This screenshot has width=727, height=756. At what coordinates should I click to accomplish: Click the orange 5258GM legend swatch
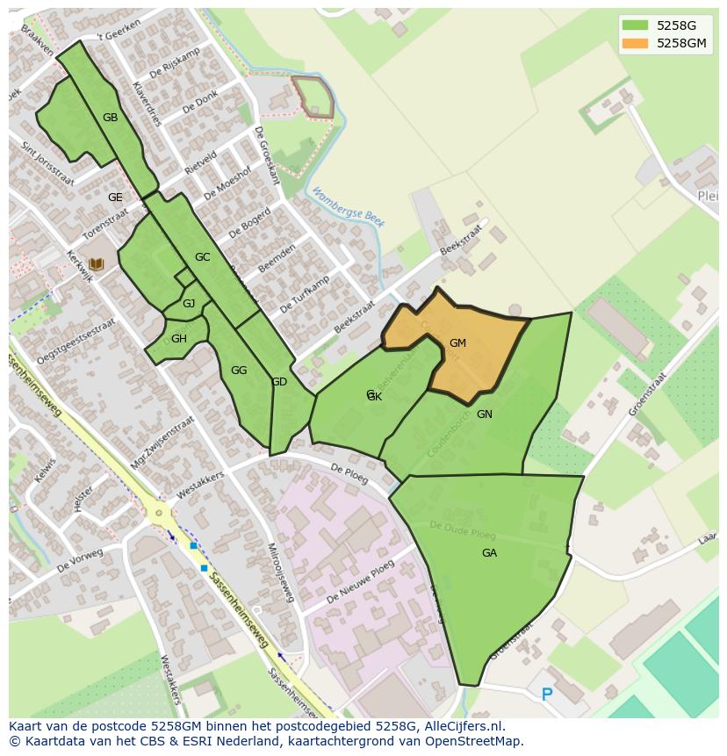tap(637, 43)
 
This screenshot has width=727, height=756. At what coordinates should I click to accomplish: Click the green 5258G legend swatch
tap(637, 25)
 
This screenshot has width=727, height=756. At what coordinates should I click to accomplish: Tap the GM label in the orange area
tap(457, 343)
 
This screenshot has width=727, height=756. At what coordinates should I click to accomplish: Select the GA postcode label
tap(489, 553)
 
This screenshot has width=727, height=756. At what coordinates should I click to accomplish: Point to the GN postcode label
tap(485, 414)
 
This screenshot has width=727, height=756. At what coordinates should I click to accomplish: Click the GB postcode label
tap(110, 118)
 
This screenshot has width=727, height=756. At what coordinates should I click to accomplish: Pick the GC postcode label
tap(202, 257)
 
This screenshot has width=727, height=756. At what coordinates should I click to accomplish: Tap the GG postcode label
tap(239, 371)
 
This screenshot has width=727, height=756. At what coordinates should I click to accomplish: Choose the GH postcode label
tap(179, 339)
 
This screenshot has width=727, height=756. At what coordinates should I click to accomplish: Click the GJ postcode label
tap(189, 304)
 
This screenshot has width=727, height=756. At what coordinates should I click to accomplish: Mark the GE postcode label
tap(115, 198)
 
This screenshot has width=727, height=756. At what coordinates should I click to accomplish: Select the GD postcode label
tap(279, 382)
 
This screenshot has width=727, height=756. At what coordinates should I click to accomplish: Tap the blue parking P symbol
tap(547, 695)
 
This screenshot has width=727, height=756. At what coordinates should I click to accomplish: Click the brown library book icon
tap(97, 263)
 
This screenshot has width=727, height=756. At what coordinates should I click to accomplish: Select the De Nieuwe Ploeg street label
tap(360, 582)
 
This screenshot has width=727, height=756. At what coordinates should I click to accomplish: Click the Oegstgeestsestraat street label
tap(77, 341)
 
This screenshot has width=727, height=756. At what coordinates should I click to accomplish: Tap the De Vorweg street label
tap(80, 561)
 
